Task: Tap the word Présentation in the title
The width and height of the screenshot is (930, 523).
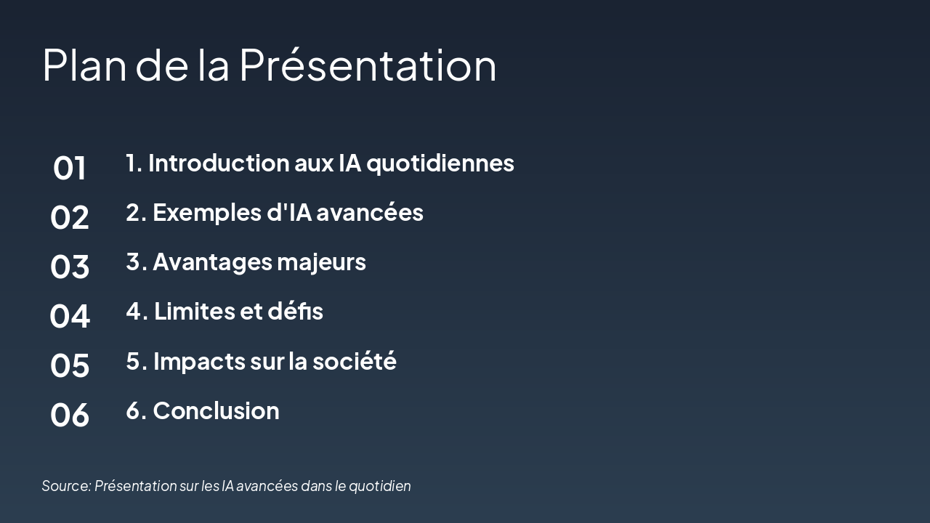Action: point(368,65)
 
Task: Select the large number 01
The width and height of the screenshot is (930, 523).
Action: point(70,169)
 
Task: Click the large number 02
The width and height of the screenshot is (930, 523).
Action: point(70,218)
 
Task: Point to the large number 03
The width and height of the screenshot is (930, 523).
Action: point(70,267)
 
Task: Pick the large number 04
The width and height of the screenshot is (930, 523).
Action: point(70,317)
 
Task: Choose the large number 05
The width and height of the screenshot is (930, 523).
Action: point(70,365)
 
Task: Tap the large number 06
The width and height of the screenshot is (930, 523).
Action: point(70,415)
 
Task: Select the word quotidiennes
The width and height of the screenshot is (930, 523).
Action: point(440,163)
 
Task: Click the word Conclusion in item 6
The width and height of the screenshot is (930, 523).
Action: point(216,410)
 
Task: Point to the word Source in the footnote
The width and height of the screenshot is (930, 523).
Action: point(65,486)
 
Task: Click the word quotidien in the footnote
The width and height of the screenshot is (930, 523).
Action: point(380,486)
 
